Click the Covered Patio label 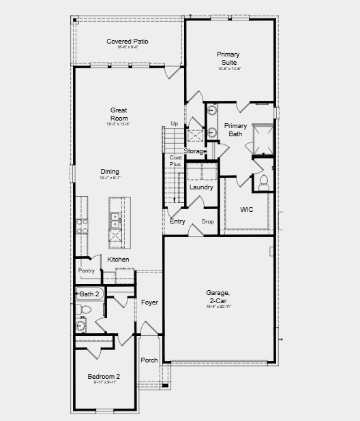tap(127, 42)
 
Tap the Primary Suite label tap(228, 58)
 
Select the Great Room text tap(119, 114)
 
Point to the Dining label tap(110, 172)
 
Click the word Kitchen tap(118, 260)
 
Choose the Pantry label tap(87, 271)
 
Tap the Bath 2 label tap(89, 294)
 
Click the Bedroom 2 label tap(104, 377)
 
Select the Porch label tap(149, 360)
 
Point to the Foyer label tap(149, 302)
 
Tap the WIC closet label tap(247, 210)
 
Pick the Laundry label tap(201, 187)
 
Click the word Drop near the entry tap(208, 222)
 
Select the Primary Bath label tap(236, 129)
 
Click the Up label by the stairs tap(174, 123)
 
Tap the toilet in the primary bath tap(263, 182)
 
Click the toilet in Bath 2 tap(85, 310)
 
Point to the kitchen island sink tap(115, 220)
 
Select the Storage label tap(195, 151)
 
